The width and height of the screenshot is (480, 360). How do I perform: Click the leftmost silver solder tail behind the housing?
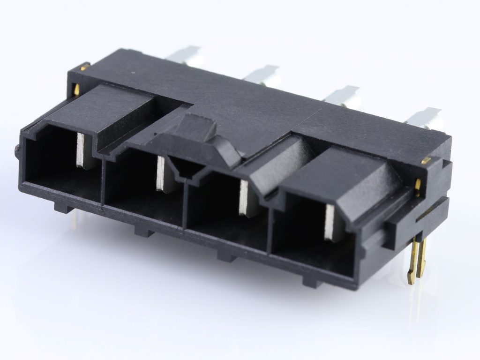[x=186, y=54]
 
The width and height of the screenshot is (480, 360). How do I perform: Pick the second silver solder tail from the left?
[x=262, y=74]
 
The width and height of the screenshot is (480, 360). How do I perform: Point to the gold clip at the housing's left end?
[x=78, y=80]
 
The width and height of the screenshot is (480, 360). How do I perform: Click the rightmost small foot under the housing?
[x=312, y=281]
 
